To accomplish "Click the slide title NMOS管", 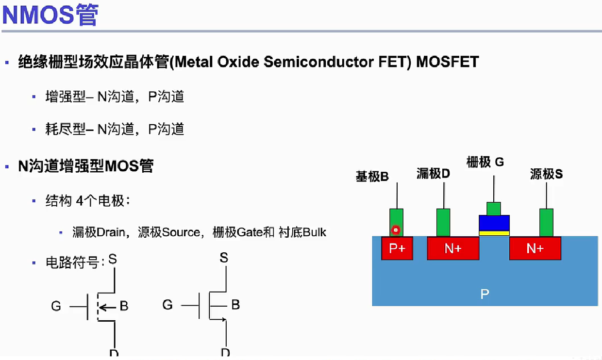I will (50, 15).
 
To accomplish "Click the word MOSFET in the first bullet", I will (447, 62).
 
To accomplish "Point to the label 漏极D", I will (434, 174).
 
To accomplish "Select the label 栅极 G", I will (485, 162).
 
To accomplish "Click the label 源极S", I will (546, 174).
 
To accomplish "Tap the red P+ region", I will (397, 248).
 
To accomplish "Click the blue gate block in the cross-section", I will (494, 223).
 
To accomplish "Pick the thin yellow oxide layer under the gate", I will (494, 233).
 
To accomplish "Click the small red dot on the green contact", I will (396, 230).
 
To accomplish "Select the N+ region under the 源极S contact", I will (535, 248).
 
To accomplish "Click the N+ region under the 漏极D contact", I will (452, 248).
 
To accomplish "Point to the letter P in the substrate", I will (484, 294).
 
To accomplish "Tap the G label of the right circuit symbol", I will (167, 305).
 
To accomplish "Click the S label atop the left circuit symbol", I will (112, 260).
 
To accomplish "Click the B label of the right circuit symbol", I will (235, 305).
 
